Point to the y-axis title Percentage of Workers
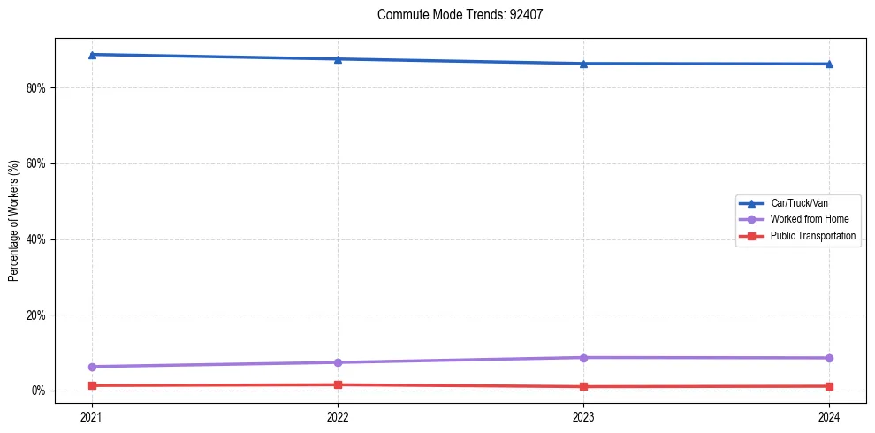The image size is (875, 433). tap(14, 221)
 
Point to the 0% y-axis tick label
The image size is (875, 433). tap(38, 391)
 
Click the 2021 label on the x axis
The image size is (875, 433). tap(92, 415)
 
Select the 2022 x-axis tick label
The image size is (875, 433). tap(338, 415)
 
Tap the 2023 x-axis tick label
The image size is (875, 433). tap(583, 415)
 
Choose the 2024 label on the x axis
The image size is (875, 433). tap(829, 415)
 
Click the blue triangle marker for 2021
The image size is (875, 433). tap(92, 55)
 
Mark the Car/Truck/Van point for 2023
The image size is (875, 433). tap(583, 64)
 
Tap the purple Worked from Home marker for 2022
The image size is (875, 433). tap(338, 362)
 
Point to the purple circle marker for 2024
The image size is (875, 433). tap(829, 358)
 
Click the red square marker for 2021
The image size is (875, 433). tap(92, 385)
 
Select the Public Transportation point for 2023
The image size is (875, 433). tap(583, 386)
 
